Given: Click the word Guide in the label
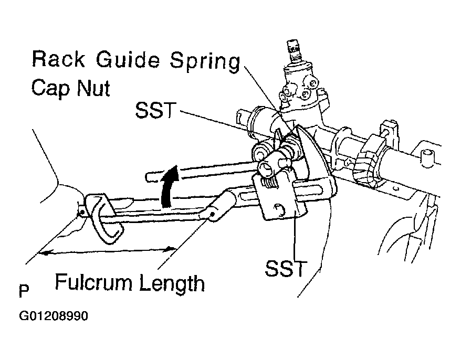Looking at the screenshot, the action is click(128, 60).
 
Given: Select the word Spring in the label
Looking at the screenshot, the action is click(205, 62).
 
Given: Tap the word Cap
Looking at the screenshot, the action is click(50, 88).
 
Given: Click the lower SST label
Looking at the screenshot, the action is click(286, 268).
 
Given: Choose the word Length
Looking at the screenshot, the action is click(172, 283).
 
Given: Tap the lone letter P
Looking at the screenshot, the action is click(24, 291).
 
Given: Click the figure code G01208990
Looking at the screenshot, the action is click(53, 316).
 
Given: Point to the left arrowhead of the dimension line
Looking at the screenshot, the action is click(44, 252).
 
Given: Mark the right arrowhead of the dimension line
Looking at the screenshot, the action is click(171, 249).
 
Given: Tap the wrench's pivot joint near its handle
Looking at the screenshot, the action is click(212, 215).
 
